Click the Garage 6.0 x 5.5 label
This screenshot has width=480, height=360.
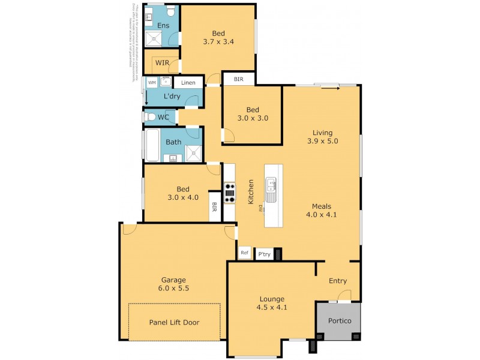pos(173,284)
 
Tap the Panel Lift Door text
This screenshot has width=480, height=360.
pos(174,322)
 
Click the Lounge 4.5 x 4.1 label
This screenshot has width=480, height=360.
pos(272,304)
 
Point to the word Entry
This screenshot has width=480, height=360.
pos(338,281)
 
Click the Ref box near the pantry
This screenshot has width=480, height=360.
pos(244,253)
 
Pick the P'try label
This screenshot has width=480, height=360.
pos(264,254)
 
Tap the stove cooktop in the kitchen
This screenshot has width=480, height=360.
pos(230,193)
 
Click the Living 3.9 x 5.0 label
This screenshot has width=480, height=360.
pos(322,137)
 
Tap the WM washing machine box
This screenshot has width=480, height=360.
pos(152,82)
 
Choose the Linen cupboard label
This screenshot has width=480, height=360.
pos(188,83)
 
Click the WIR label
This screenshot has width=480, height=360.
pos(162,62)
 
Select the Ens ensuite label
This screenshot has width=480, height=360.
pos(163,25)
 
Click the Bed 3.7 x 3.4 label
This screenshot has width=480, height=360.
pos(218,38)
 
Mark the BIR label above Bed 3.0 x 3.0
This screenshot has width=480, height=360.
pos(239,79)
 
